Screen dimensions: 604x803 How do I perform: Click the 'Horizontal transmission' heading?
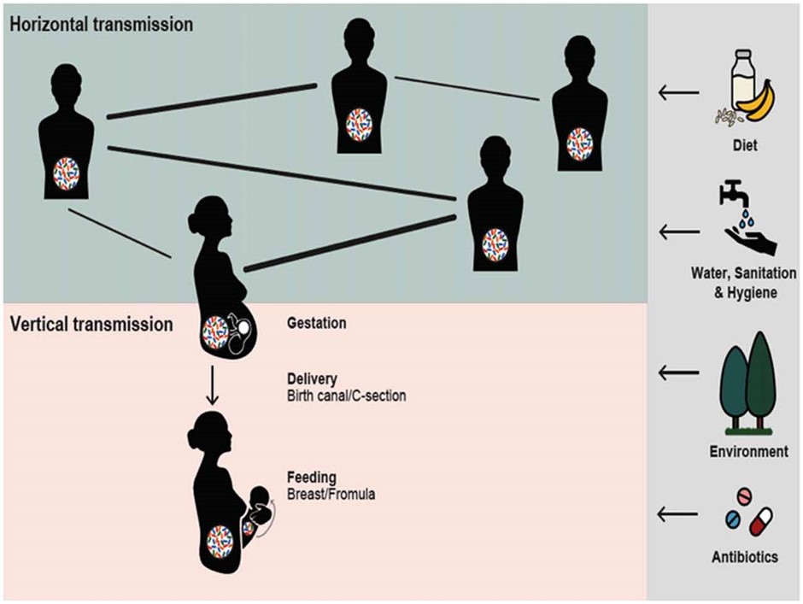(102, 24)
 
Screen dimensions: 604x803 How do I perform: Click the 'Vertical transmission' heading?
(91, 325)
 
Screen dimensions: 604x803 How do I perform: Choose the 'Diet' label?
(744, 146)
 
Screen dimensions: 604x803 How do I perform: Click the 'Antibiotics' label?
(744, 557)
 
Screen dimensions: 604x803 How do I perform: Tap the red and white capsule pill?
(760, 520)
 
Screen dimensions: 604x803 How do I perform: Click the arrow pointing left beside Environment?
(679, 372)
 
